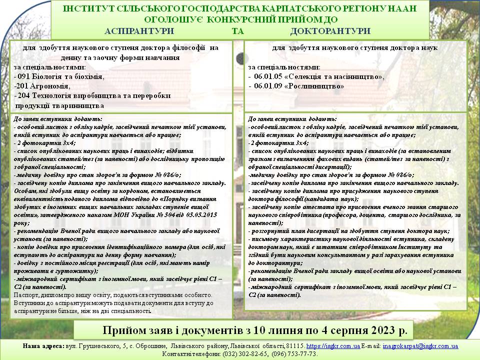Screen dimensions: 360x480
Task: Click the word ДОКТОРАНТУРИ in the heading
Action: (330, 30)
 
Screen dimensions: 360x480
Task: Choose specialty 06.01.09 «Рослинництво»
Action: (298, 86)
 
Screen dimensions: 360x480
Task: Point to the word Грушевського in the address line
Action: (96, 346)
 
